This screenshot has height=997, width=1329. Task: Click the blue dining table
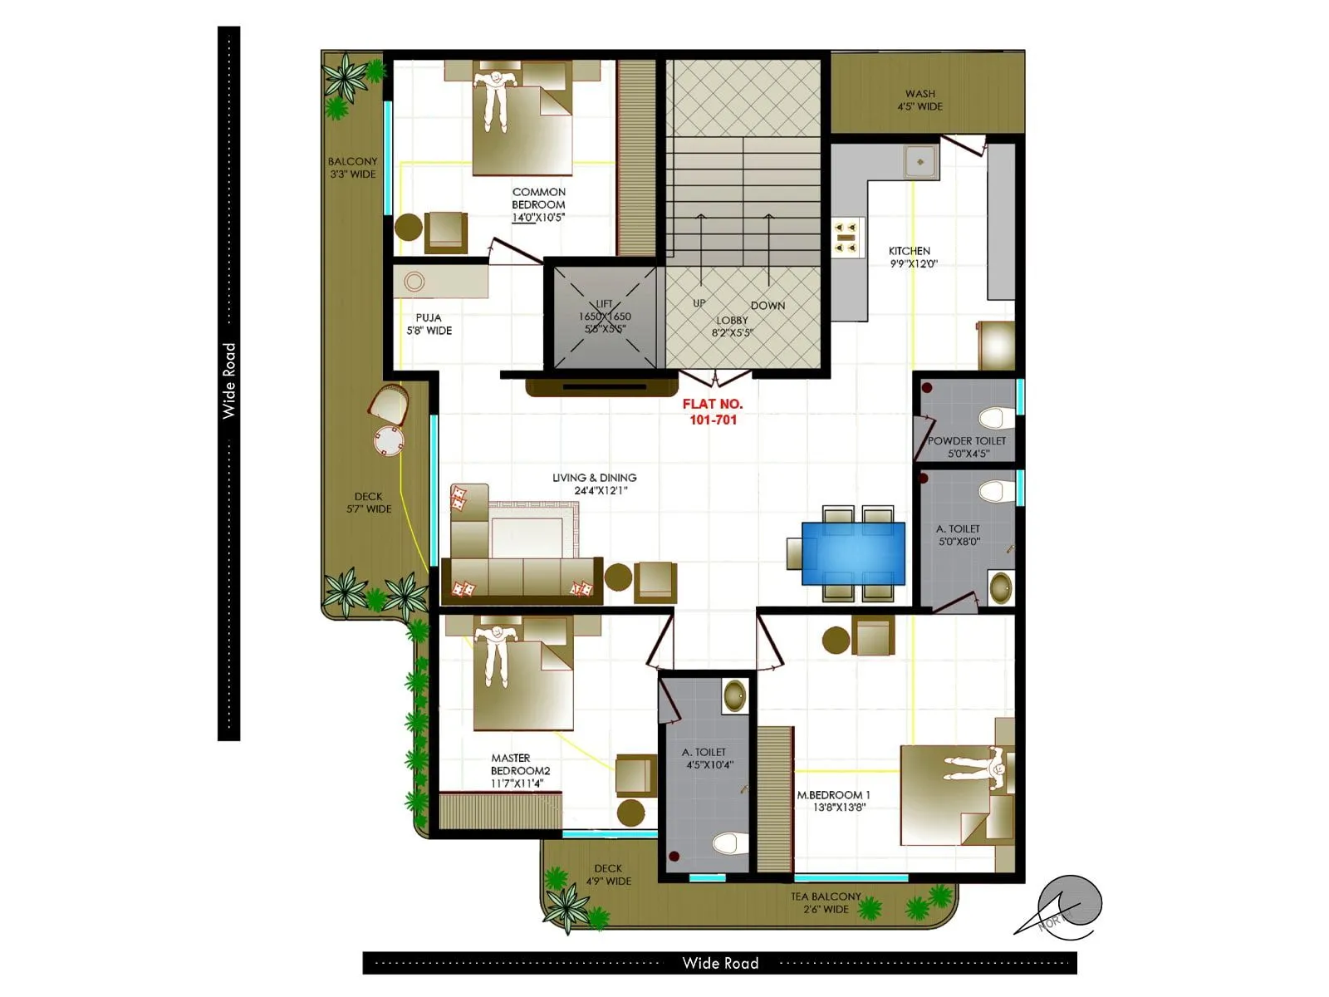click(853, 553)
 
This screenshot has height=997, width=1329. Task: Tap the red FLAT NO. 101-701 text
click(713, 411)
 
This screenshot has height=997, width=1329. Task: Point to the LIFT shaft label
click(605, 317)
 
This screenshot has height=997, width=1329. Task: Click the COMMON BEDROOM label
click(538, 204)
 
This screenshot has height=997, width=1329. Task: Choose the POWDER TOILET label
click(967, 446)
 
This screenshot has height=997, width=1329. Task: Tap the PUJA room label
click(429, 324)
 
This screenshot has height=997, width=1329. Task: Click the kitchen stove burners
click(846, 237)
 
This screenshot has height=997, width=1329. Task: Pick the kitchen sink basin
click(920, 162)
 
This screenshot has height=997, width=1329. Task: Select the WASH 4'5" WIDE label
click(920, 100)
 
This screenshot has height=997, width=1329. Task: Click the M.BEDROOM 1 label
click(833, 800)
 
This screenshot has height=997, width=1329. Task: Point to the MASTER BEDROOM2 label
click(519, 770)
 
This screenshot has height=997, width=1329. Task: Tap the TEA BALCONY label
click(826, 902)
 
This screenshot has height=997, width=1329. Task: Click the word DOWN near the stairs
click(767, 306)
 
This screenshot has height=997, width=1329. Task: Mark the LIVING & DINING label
click(595, 484)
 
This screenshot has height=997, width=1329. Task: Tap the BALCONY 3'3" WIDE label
click(352, 168)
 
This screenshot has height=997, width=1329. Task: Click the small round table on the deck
click(389, 440)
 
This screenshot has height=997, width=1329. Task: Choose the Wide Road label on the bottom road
click(720, 963)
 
